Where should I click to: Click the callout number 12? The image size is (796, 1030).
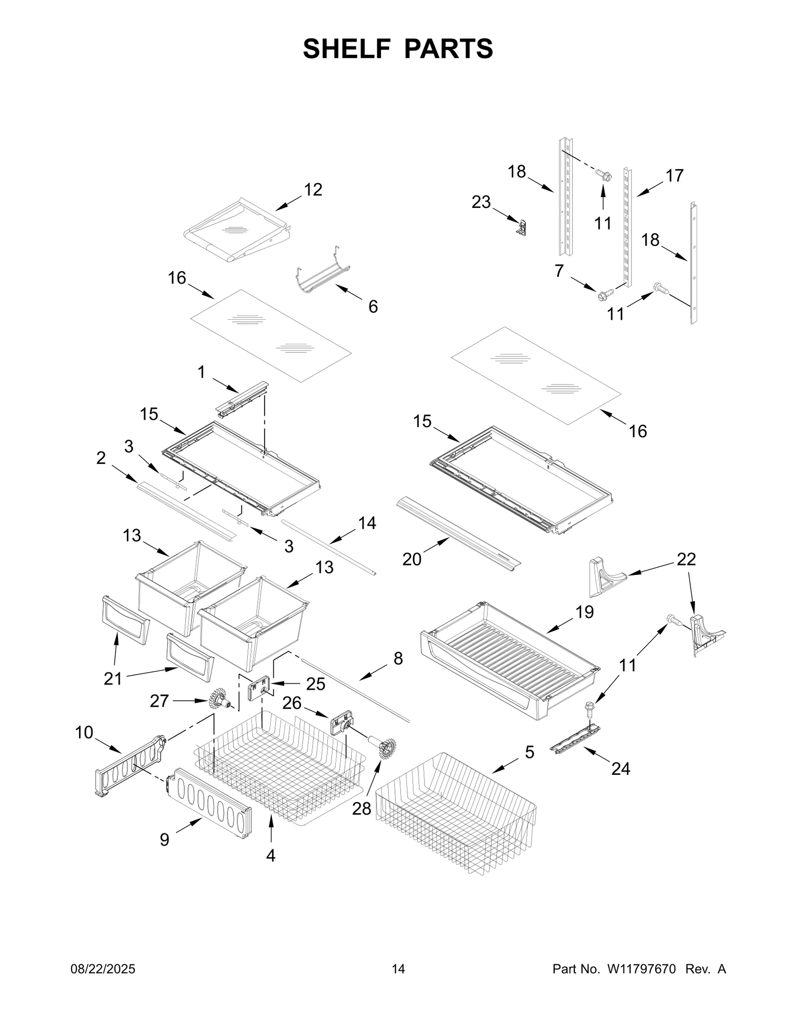point(313,189)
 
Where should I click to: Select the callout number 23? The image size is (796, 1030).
point(481,202)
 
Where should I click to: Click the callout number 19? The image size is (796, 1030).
point(585,612)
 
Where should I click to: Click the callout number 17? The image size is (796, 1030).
point(675,176)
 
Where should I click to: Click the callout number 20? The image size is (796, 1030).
point(412,560)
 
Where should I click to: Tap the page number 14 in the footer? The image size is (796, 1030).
point(398,969)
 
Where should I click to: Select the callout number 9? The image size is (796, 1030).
point(165,840)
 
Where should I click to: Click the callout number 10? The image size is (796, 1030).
point(84,732)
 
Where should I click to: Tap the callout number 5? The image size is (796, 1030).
point(529,752)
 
